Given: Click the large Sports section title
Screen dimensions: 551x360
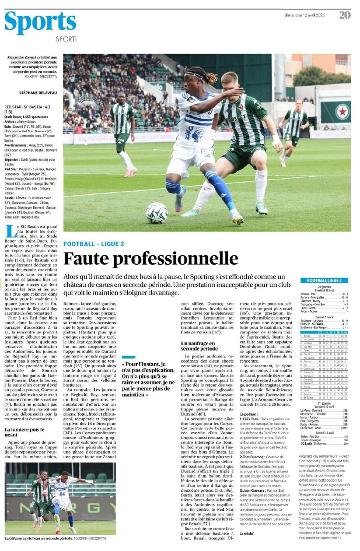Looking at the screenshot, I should [x=40, y=22].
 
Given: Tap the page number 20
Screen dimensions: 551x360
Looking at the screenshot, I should [x=345, y=15].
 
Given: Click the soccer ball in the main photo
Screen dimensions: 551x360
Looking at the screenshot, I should [x=156, y=213].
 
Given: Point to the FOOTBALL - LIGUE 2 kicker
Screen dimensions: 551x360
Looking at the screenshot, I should [x=93, y=244].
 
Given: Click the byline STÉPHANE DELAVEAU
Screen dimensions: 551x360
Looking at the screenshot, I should [x=38, y=93].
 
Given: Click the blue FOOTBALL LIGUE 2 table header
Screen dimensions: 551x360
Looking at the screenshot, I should [x=324, y=280].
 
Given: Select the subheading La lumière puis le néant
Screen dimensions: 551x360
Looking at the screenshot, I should [x=24, y=432].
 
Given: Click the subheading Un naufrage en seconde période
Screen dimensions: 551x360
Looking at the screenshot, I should [x=198, y=346].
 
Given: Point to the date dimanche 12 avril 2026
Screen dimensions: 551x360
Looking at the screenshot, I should [x=304, y=15].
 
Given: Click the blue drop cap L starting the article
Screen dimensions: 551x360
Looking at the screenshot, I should [x=10, y=231].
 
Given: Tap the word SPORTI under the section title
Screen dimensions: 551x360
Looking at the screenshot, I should [x=66, y=39].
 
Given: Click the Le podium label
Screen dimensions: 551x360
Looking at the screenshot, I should [x=248, y=414].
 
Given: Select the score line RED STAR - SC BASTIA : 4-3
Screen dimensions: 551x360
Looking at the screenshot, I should [x=27, y=107].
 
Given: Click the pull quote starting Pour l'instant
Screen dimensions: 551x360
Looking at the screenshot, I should [x=148, y=379].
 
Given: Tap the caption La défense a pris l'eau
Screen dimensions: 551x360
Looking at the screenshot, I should [x=39, y=538].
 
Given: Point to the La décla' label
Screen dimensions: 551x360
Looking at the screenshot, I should [x=247, y=533].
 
